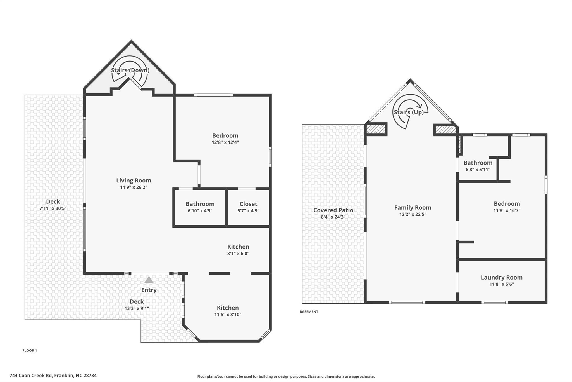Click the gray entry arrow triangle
[149, 280]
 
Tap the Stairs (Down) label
[130, 70]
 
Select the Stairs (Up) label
[409, 112]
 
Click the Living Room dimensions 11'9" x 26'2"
[134, 187]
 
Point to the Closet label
[248, 204]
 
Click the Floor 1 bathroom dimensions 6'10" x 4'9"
[200, 211]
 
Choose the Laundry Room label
[501, 277]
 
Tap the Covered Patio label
[333, 210]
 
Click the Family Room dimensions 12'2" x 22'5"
[413, 214]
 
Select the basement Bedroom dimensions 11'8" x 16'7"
[507, 210]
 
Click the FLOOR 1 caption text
[30, 350]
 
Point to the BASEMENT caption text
[309, 312]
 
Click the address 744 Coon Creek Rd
[53, 376]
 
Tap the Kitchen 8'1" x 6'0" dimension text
[238, 254]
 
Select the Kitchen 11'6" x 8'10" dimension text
[228, 315]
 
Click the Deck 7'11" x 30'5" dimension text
[53, 208]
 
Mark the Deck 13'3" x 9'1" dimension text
[137, 308]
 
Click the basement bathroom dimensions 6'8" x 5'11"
[478, 170]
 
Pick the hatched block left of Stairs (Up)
[376, 130]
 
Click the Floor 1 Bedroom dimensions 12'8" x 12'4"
[225, 142]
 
